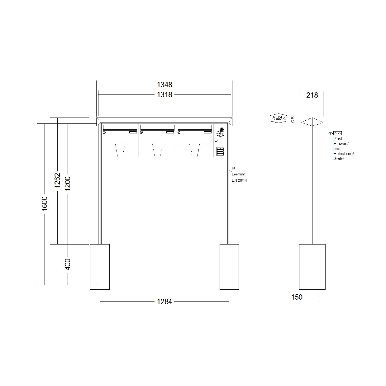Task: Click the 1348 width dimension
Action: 164,85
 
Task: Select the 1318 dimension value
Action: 164,94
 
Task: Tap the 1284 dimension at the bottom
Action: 164,301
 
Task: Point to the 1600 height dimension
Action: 44,204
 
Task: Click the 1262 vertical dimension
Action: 57,180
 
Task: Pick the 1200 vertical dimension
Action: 68,183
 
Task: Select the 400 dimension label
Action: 68,264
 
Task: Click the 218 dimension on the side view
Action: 312,95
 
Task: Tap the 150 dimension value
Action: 297,297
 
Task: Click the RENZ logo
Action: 278,118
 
